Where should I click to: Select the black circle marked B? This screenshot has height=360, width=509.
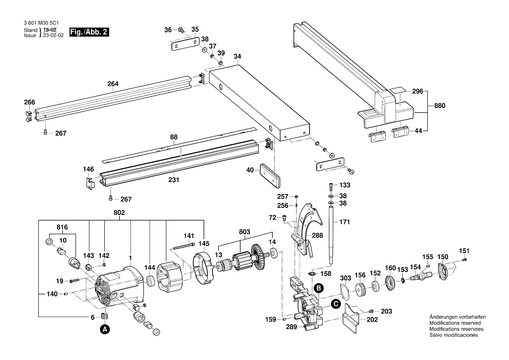point(319,288)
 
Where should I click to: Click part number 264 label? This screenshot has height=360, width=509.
point(113,84)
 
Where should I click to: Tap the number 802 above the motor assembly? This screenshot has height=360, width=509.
point(119,213)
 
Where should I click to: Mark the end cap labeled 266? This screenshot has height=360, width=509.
point(28,116)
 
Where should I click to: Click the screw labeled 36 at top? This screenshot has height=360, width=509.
point(180,30)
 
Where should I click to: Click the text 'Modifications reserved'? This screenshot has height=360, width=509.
point(455,323)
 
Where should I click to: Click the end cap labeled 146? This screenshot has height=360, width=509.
point(89,182)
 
